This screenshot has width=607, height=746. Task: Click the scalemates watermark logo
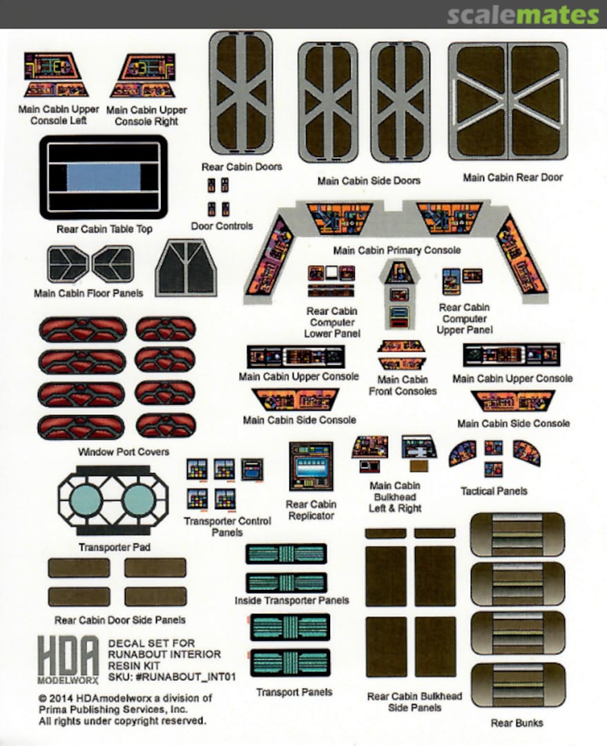[522, 15]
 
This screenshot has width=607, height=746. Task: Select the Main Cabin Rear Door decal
[508, 101]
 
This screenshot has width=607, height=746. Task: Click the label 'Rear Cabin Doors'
[242, 167]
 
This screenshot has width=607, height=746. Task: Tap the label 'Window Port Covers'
[124, 452]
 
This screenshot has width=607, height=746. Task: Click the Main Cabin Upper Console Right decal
[142, 75]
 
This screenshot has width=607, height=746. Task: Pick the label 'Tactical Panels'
[494, 491]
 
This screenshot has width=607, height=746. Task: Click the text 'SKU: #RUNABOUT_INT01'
[172, 678]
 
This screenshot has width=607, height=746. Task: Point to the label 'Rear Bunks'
[517, 723]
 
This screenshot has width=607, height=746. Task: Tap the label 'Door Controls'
[222, 226]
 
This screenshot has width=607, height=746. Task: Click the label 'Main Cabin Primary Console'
[396, 250]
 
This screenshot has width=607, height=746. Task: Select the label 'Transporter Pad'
[115, 548]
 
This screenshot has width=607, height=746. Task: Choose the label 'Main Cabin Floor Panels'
[88, 294]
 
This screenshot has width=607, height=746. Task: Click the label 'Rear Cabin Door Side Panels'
[119, 620]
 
